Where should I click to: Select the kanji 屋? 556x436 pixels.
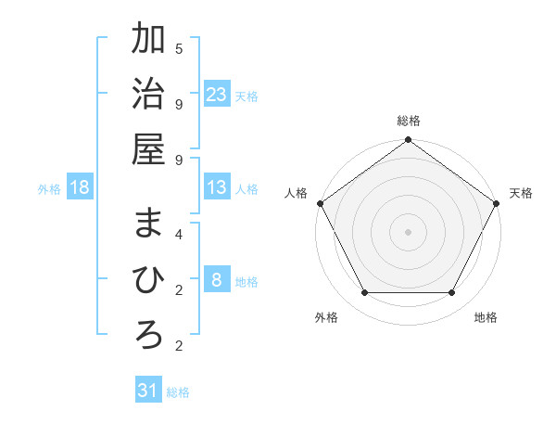pyautogui.click(x=148, y=147)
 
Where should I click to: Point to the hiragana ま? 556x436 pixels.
pyautogui.click(x=148, y=224)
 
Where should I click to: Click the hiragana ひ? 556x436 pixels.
pyautogui.click(x=148, y=279)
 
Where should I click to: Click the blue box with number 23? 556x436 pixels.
pyautogui.click(x=216, y=95)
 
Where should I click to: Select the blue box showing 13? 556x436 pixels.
pyautogui.click(x=216, y=187)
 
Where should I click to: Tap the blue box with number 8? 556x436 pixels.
pyautogui.click(x=216, y=280)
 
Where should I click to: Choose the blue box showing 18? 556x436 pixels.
pyautogui.click(x=80, y=187)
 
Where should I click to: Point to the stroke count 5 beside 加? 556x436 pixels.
pyautogui.click(x=179, y=47)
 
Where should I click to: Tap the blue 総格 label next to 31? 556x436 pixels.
pyautogui.click(x=178, y=392)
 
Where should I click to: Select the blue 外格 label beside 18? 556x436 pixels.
pyautogui.click(x=49, y=189)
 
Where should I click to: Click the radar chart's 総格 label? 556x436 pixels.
pyautogui.click(x=408, y=121)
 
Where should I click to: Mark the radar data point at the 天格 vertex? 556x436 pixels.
pyautogui.click(x=498, y=203)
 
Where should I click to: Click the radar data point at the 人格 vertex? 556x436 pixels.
pyautogui.click(x=320, y=203)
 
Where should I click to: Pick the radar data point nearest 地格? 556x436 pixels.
pyautogui.click(x=452, y=293)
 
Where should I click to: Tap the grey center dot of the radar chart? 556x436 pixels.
pyautogui.click(x=408, y=231)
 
